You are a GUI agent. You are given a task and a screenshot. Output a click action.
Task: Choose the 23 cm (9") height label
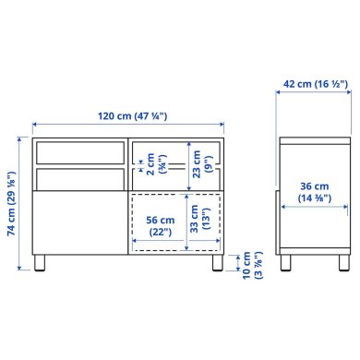[200, 165]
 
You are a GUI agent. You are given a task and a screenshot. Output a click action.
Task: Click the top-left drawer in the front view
[78, 153]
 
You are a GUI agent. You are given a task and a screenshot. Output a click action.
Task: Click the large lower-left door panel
[78, 221]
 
